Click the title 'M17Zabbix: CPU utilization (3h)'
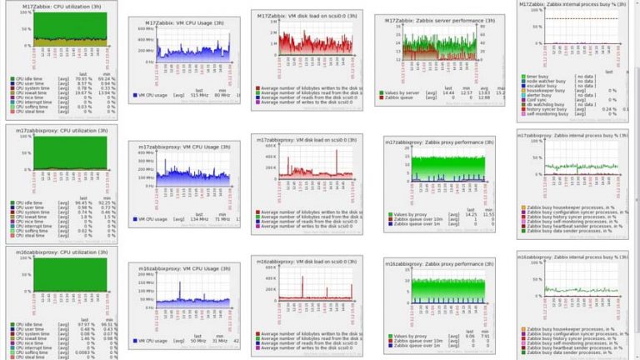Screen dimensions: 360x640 [x=57, y=7]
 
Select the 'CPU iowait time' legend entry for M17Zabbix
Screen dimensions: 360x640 [x=31, y=93]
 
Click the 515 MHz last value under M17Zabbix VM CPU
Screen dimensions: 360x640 [x=197, y=97]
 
